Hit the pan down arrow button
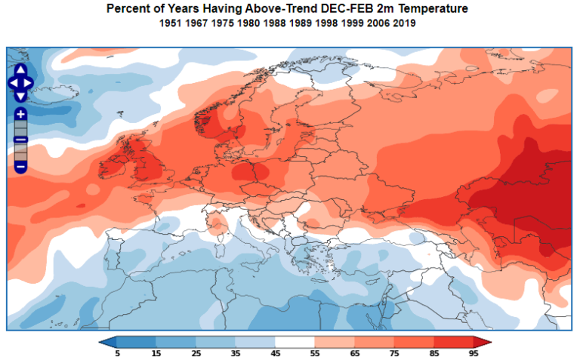(x=20, y=96)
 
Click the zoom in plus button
(x=20, y=114)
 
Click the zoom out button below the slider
(x=20, y=165)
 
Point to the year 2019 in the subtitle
(x=403, y=23)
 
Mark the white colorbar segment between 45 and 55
(x=295, y=342)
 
